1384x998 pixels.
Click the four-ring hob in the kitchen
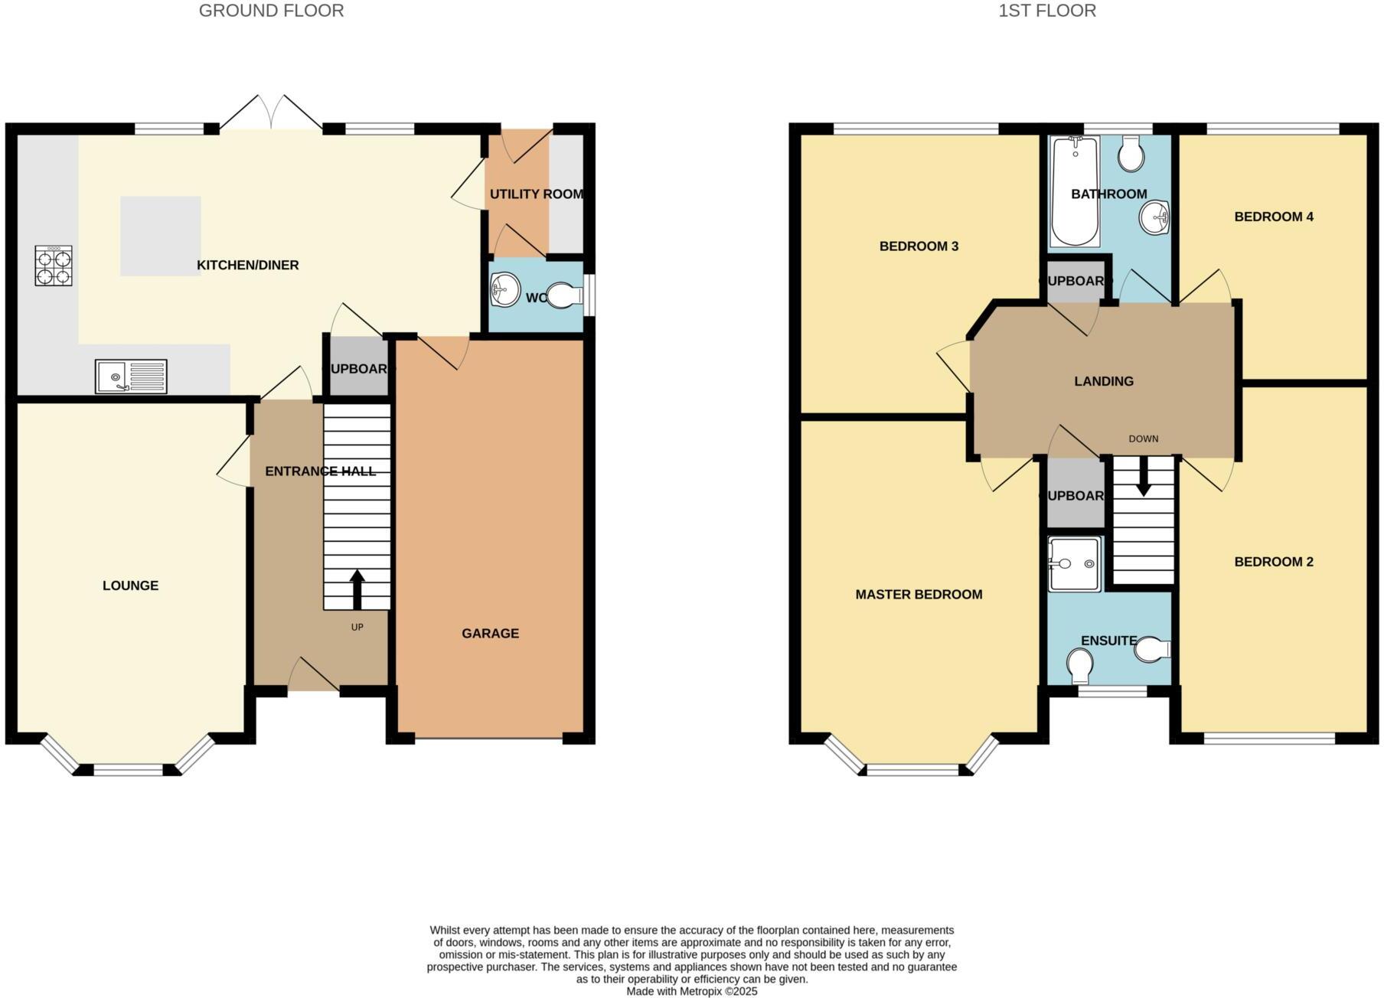tap(54, 266)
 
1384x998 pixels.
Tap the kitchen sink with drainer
tap(131, 376)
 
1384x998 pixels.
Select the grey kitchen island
tap(160, 236)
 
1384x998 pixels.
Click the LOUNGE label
tap(130, 585)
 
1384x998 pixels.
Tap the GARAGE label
tap(490, 633)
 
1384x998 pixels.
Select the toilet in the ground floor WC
tap(566, 295)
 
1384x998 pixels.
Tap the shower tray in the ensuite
tap(1075, 564)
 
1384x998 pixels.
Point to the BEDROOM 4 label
tap(1274, 217)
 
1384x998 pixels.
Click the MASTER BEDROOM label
tap(919, 595)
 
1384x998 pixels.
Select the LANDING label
tap(1103, 381)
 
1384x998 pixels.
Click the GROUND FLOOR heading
tap(271, 11)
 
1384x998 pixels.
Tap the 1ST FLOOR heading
tap(1046, 11)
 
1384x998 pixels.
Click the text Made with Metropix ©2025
tap(691, 991)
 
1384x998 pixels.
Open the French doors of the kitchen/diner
tap(271, 115)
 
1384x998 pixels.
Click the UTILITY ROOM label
tap(536, 194)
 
